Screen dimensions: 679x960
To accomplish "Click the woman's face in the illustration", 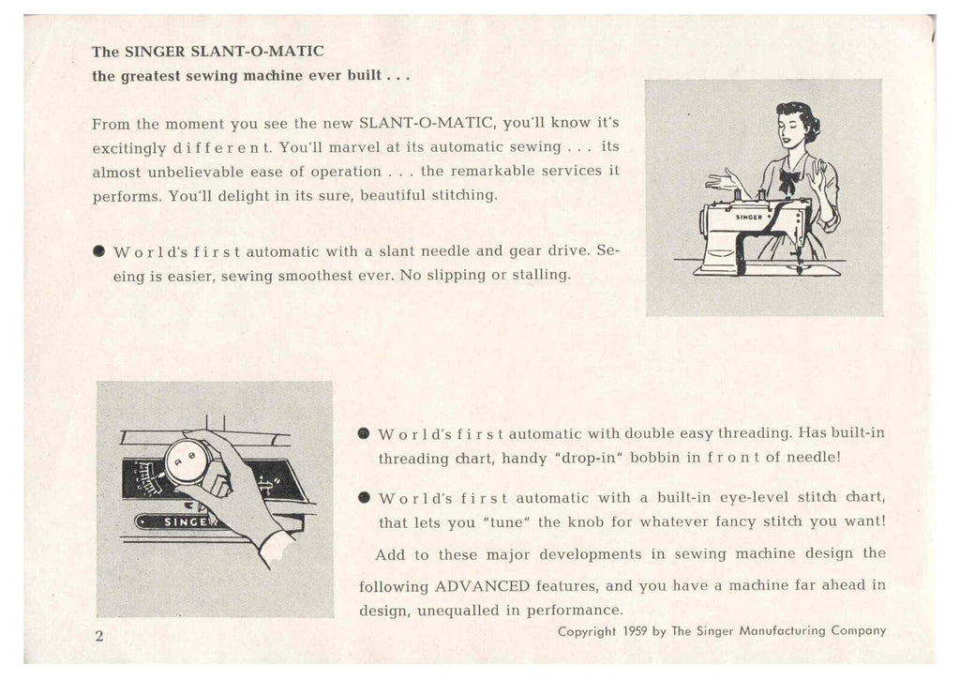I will point(789,129).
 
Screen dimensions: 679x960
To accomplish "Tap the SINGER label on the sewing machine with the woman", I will point(747,216).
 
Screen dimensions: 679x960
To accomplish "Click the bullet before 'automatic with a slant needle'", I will point(97,252).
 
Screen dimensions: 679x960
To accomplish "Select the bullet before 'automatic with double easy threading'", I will point(364,434).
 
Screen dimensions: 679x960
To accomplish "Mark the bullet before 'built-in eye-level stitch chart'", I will point(364,498).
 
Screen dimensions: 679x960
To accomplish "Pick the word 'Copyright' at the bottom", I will point(588,631).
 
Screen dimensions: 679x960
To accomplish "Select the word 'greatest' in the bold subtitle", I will point(155,75).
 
